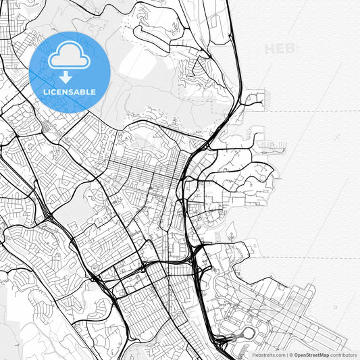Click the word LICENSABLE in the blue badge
[x=70, y=91]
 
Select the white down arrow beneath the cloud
[x=66, y=77]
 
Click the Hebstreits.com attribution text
[x=269, y=355]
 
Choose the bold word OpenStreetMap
[x=311, y=355]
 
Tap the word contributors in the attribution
[x=343, y=355]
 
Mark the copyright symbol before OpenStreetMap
[x=291, y=355]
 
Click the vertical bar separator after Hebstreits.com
[x=286, y=355]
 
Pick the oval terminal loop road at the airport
[x=249, y=333]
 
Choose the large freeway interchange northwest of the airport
[x=198, y=255]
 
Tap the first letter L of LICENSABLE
[x=45, y=91]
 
